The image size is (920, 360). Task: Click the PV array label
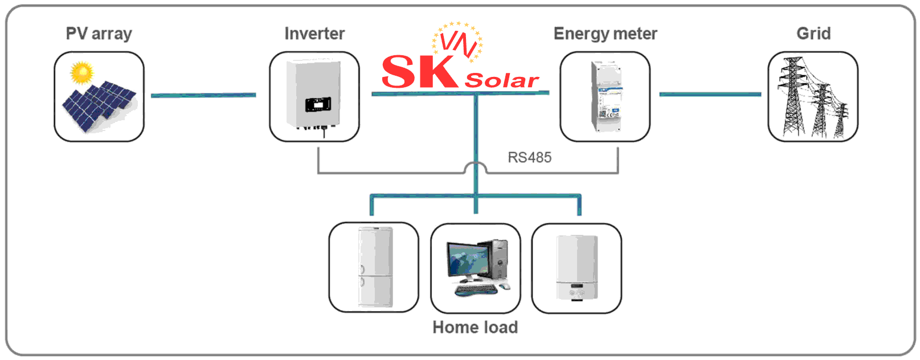coord(99,34)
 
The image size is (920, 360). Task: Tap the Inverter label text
coord(314,34)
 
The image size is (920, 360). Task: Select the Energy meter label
coord(605,34)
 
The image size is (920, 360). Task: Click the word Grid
coord(813,34)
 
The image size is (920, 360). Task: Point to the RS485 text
coord(529,158)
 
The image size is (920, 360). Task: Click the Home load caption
coord(475,328)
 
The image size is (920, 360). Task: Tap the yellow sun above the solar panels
coord(82,72)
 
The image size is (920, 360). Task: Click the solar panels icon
coord(99,106)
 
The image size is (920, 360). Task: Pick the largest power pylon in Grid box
coord(792,97)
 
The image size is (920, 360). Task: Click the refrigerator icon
coord(374,267)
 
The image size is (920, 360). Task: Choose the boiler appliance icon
coord(576,268)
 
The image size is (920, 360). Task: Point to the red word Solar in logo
coord(501,81)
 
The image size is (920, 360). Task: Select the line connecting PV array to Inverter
coord(203,95)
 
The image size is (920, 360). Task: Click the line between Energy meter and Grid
coord(710,94)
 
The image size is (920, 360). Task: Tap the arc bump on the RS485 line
coord(476,166)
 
